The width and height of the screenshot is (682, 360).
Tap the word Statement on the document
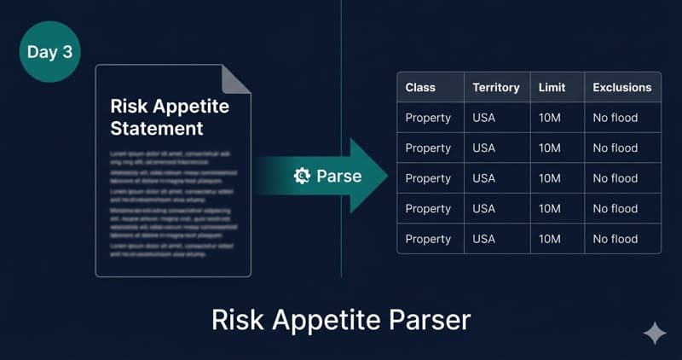(x=157, y=129)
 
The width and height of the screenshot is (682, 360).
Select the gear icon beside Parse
(x=302, y=176)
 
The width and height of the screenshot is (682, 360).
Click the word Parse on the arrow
(x=338, y=176)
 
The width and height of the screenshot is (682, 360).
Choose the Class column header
(x=421, y=87)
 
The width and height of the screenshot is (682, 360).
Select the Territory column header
(x=496, y=87)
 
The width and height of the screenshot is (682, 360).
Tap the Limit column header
(x=552, y=87)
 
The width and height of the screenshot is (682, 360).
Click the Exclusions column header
(x=621, y=87)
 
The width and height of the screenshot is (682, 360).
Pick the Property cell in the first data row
(x=428, y=118)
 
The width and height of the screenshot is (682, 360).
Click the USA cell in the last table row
(x=483, y=239)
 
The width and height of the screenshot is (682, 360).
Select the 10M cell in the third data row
(x=550, y=178)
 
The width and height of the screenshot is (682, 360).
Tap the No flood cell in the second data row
(x=615, y=148)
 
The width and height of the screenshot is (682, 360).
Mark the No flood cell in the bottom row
(x=615, y=239)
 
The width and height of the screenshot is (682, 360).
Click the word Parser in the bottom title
(x=425, y=320)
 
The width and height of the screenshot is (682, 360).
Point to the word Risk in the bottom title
(x=235, y=320)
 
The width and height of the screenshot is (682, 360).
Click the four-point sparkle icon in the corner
(x=655, y=334)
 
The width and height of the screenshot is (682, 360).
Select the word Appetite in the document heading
(x=193, y=107)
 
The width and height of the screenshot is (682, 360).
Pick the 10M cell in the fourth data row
(x=550, y=208)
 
